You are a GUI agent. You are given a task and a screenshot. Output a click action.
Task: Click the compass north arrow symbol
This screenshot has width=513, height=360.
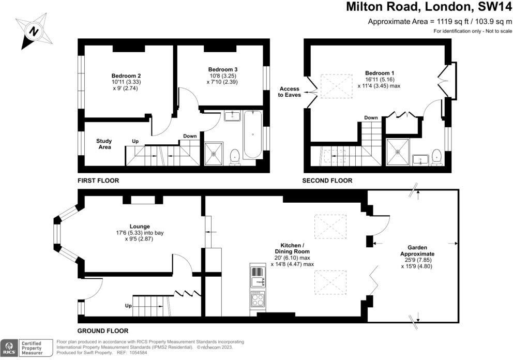pyautogui.click(x=34, y=32)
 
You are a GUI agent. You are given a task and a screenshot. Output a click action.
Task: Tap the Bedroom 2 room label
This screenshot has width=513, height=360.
pyautogui.click(x=126, y=82)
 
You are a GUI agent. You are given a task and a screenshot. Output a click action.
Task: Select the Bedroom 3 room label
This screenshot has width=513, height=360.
pyautogui.click(x=222, y=76)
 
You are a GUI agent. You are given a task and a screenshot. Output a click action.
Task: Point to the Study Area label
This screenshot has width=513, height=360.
pyautogui.click(x=104, y=144)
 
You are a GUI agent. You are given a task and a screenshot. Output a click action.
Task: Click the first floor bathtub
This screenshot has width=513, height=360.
pyautogui.click(x=252, y=134)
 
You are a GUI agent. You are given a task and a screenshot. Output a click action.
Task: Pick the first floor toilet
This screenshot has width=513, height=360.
pyautogui.click(x=235, y=157)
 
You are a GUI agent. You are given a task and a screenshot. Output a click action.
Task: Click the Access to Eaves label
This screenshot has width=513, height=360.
pyautogui.click(x=289, y=92)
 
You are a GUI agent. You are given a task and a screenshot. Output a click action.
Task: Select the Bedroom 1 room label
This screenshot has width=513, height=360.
pyautogui.click(x=380, y=79)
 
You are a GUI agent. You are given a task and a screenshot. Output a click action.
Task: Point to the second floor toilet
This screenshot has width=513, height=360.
pyautogui.click(x=436, y=157)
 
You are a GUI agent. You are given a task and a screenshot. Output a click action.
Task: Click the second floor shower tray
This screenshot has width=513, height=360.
pyautogui.click(x=398, y=152)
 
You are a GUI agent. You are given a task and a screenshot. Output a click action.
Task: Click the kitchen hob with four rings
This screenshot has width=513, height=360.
pyautogui.click(x=258, y=298)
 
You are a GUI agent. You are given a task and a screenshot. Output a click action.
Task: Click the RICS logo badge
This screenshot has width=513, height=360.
pyautogui.click(x=9, y=348)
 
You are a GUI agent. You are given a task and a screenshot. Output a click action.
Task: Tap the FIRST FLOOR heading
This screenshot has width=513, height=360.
pyautogui.click(x=98, y=181)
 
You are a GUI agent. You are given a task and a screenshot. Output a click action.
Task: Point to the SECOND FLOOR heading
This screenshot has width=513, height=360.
pyautogui.click(x=327, y=181)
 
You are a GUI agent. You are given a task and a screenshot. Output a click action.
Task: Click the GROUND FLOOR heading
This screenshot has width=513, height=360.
pyautogui.click(x=103, y=331)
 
